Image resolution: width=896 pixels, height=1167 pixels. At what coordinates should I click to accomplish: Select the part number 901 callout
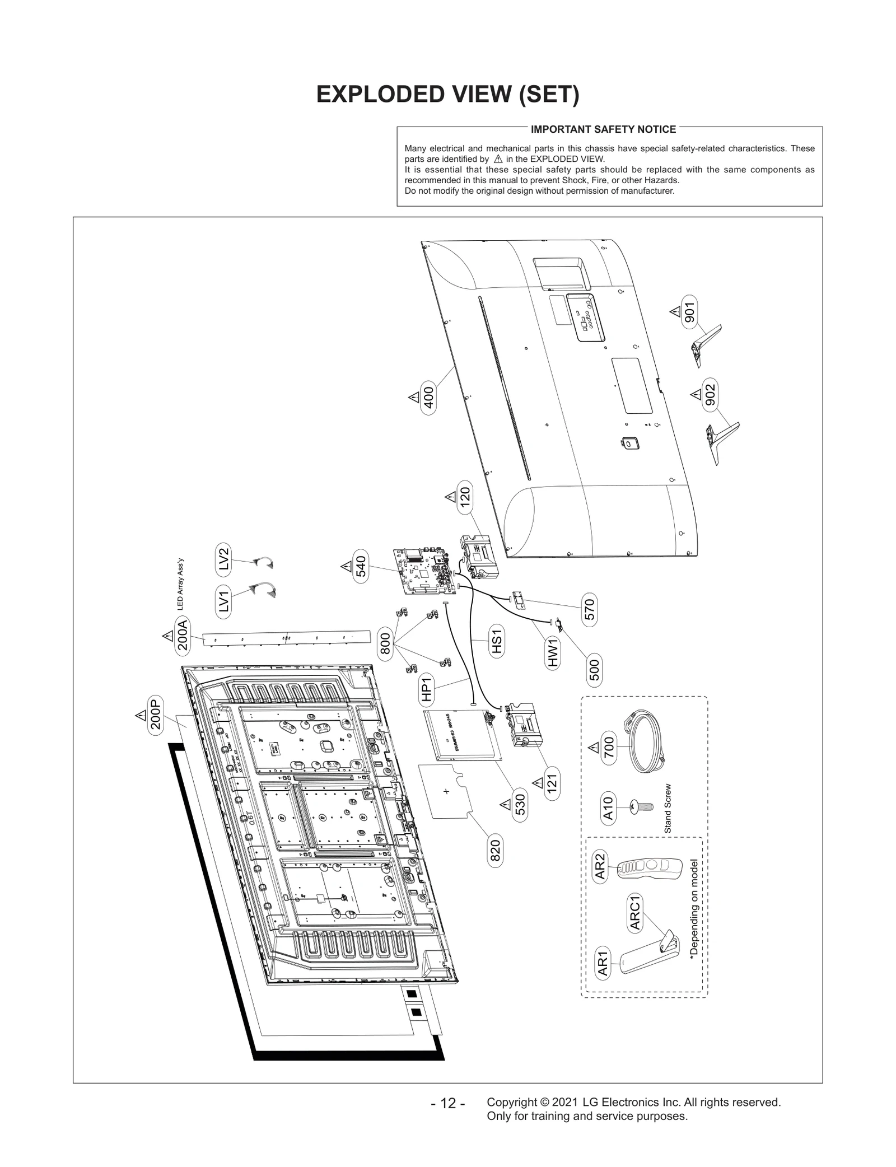[689, 312]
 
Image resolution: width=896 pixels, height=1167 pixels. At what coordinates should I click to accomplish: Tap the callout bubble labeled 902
[710, 395]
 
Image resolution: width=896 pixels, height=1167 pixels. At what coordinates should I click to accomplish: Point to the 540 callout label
[361, 566]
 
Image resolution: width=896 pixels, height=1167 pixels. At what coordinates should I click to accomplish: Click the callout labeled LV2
[223, 559]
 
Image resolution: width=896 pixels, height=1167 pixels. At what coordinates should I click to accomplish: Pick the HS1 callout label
[497, 641]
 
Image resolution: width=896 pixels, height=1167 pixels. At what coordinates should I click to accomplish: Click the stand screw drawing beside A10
[642, 807]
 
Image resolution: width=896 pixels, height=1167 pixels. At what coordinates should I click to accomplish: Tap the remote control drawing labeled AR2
[650, 868]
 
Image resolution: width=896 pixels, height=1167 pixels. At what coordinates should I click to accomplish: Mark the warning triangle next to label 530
[505, 805]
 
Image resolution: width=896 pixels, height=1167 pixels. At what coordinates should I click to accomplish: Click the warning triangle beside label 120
[450, 497]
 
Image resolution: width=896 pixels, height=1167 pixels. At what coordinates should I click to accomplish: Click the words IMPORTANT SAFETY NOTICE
[603, 129]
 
